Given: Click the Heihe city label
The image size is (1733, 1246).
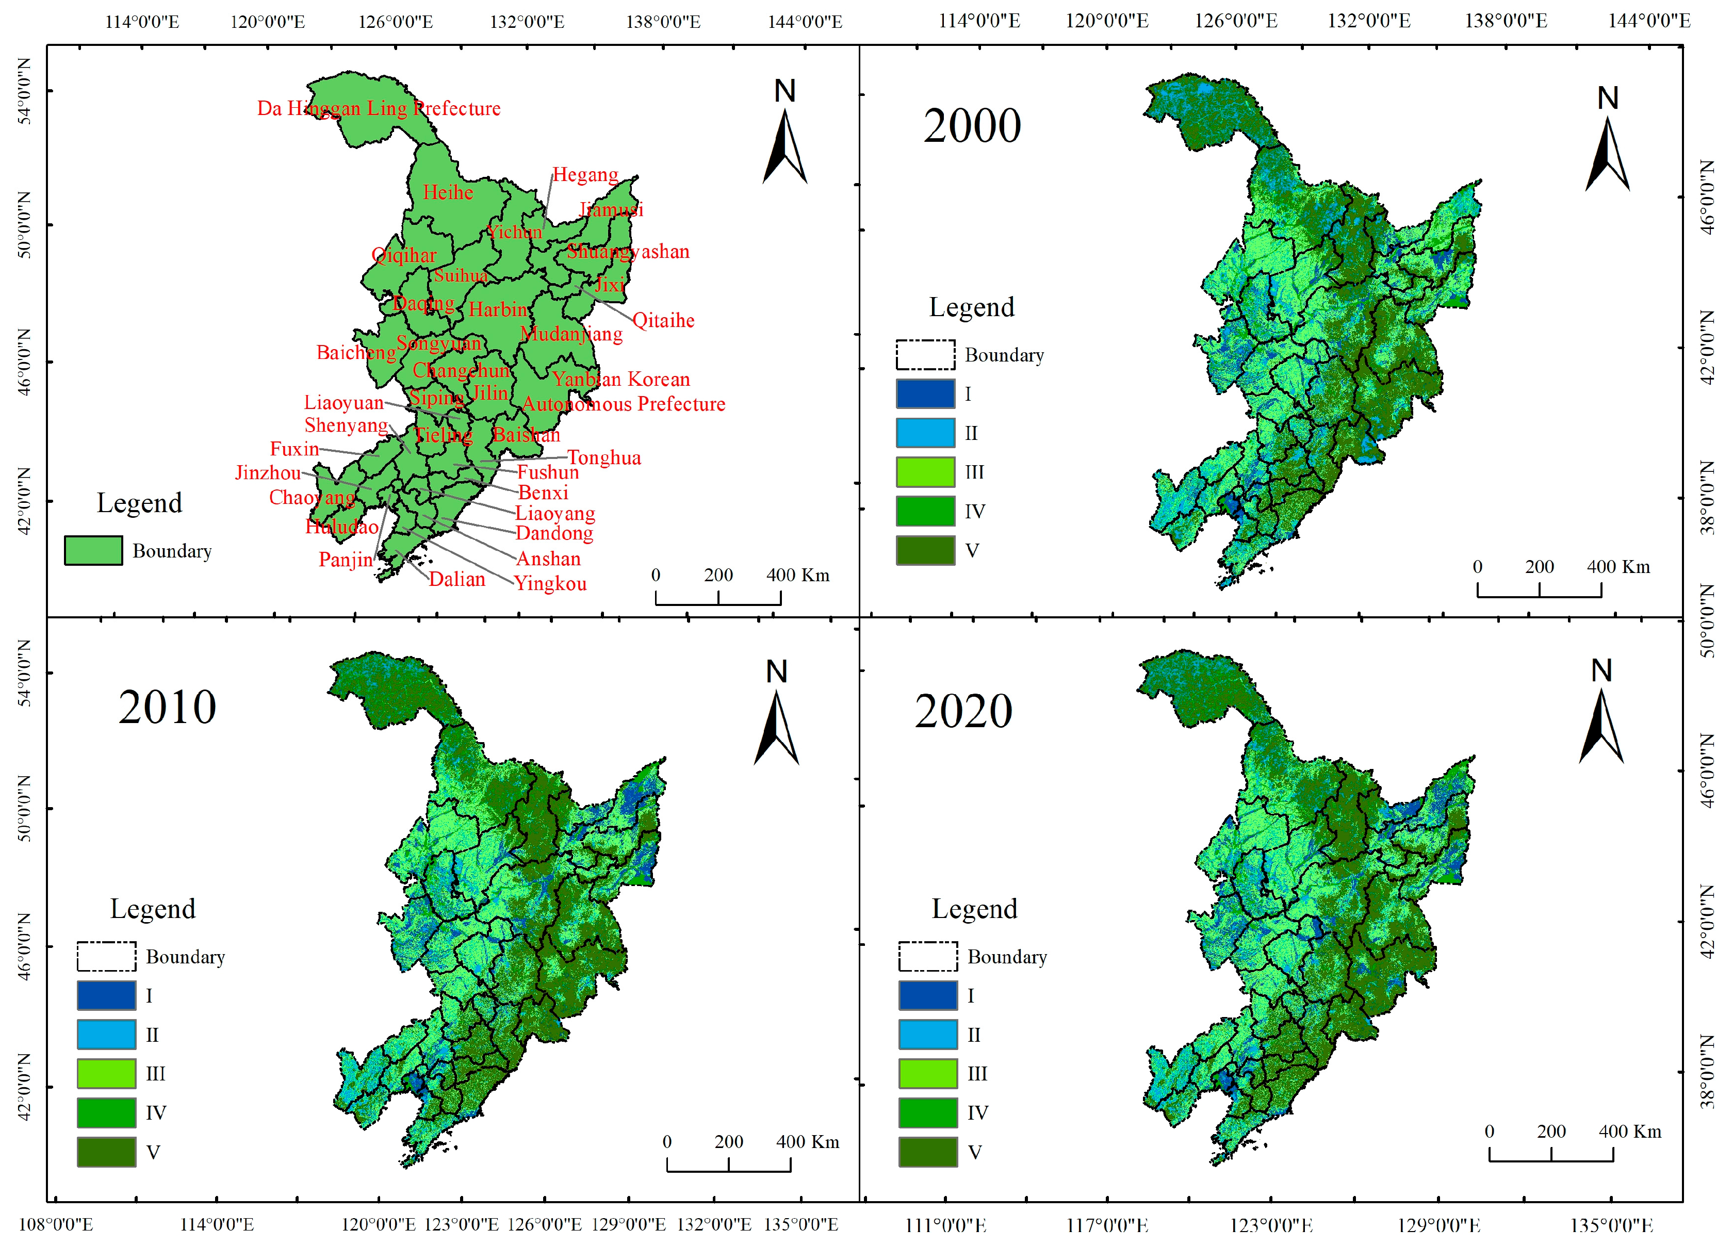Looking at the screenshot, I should click(448, 192).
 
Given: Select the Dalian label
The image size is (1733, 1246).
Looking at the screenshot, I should click(456, 580).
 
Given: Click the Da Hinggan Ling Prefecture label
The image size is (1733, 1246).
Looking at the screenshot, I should click(378, 108).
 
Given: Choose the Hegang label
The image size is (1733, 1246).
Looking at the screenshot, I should click(585, 175).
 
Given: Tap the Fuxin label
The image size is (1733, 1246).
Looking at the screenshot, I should click(294, 449).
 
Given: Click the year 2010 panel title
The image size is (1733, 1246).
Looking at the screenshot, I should click(167, 708).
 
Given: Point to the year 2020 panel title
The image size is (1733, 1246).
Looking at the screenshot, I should click(963, 712).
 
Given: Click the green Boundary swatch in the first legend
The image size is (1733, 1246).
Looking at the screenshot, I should click(93, 551).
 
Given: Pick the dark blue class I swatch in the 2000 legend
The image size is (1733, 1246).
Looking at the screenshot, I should click(925, 394).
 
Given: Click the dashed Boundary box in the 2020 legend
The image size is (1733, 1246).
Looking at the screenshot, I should click(928, 957).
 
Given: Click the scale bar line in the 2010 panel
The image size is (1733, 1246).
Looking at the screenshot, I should click(728, 1170).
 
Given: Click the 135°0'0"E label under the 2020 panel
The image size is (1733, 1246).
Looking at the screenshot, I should click(1611, 1226).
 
